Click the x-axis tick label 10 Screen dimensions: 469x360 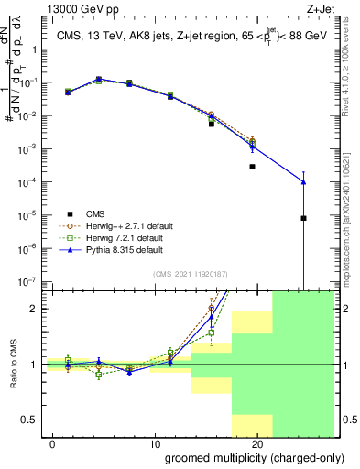(156, 444)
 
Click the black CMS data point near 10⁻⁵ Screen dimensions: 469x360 (303, 218)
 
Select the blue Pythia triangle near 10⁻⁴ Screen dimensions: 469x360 (303, 182)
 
